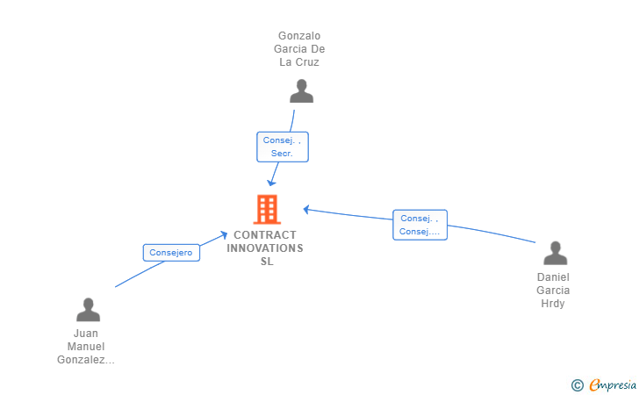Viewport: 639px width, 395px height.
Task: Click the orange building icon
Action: (267, 209)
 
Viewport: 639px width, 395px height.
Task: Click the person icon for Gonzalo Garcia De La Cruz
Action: (301, 91)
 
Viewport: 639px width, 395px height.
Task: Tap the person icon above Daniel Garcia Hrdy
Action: (555, 253)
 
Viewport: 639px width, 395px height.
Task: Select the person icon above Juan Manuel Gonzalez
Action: (88, 310)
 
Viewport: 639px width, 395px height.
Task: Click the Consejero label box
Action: (171, 253)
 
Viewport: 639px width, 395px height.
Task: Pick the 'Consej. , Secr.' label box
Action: (282, 147)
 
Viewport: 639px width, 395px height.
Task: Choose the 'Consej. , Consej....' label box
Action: (420, 225)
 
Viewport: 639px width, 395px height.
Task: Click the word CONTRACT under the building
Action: (265, 235)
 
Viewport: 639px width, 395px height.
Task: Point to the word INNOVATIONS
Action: (265, 248)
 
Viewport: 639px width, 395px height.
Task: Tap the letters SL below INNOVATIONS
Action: (266, 262)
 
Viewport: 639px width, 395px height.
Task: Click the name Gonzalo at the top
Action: (300, 36)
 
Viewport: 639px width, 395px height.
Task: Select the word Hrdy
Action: (553, 304)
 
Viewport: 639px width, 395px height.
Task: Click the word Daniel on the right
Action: (553, 277)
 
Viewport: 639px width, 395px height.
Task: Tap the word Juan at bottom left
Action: (86, 334)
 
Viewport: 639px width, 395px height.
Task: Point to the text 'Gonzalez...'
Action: (86, 360)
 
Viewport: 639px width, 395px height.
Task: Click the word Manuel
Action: (86, 347)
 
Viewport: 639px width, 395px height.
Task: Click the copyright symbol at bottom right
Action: (577, 384)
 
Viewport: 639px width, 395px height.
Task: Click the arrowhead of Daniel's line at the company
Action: (306, 209)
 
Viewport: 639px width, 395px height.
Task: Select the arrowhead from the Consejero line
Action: (226, 234)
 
